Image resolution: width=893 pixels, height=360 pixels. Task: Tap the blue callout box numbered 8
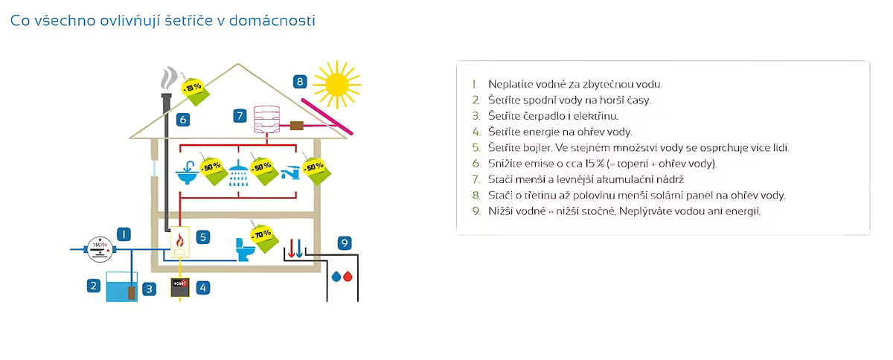(x=300, y=82)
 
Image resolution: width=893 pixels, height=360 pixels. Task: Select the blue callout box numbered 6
(x=183, y=118)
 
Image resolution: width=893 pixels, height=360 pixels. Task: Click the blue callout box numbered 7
(x=240, y=115)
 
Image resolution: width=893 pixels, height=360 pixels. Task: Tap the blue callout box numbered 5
(x=203, y=237)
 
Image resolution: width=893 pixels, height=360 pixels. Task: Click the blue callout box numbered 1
(x=124, y=234)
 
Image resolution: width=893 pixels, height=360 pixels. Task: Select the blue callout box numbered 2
(x=93, y=284)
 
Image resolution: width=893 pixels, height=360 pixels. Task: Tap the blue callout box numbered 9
(x=344, y=242)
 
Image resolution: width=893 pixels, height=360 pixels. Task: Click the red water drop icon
(x=348, y=277)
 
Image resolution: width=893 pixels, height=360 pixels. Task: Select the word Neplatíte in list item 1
(x=508, y=84)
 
